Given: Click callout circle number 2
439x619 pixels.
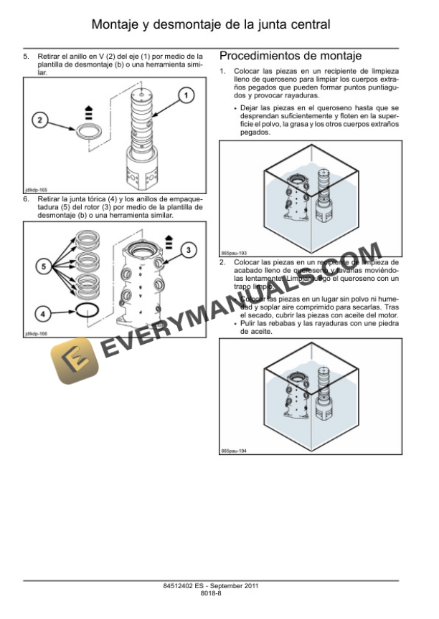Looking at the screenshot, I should tap(42, 120).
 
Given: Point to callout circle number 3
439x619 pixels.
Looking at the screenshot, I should tap(188, 249).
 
